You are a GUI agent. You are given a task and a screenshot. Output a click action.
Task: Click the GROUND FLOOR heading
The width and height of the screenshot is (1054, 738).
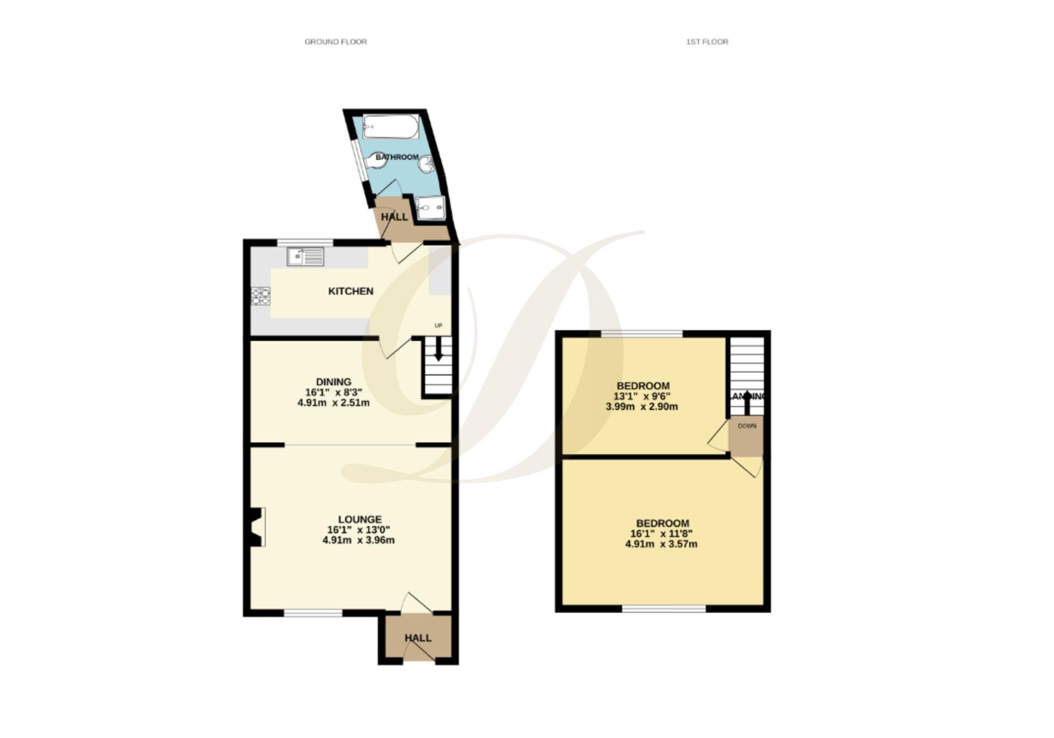pos(335,42)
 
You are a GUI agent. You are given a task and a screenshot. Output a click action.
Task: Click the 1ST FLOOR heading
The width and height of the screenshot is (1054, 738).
pos(707,42)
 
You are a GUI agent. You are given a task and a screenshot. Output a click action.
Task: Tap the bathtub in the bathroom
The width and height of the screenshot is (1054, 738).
pos(390,126)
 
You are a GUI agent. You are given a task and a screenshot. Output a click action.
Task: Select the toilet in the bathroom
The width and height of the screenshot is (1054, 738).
pos(375,161)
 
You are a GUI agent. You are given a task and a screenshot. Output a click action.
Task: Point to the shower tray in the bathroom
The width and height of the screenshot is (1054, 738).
pos(430,207)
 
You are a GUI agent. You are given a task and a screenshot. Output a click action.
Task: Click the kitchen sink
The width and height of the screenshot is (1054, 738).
pos(305,257)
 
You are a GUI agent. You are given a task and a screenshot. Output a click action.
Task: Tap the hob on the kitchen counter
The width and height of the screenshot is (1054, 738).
pos(261,296)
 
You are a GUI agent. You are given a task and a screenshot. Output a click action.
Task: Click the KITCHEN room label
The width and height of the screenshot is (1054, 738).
pos(350,291)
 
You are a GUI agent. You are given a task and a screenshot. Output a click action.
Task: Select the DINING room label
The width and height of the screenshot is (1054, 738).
pos(333,382)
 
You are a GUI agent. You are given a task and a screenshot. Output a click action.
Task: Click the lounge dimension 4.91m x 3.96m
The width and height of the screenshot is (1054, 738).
pos(358,541)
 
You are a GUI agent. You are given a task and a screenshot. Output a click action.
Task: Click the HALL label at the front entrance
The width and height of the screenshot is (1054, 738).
pos(418,638)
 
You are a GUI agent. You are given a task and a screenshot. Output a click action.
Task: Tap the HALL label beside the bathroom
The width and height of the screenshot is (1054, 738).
pos(394,217)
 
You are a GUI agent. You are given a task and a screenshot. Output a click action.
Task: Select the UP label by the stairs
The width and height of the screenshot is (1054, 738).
pos(439,326)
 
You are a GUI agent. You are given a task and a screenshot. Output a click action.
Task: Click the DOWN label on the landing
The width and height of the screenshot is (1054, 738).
pos(747,426)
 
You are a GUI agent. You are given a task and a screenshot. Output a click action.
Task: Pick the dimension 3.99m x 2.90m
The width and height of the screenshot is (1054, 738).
pos(641,407)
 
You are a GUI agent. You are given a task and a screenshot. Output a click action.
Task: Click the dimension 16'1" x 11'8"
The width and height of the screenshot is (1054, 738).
pos(661,534)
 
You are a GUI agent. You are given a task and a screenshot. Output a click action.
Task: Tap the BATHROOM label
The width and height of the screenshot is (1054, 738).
pos(397,157)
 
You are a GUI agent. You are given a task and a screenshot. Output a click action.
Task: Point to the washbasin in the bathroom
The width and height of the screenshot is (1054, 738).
pos(426,164)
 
